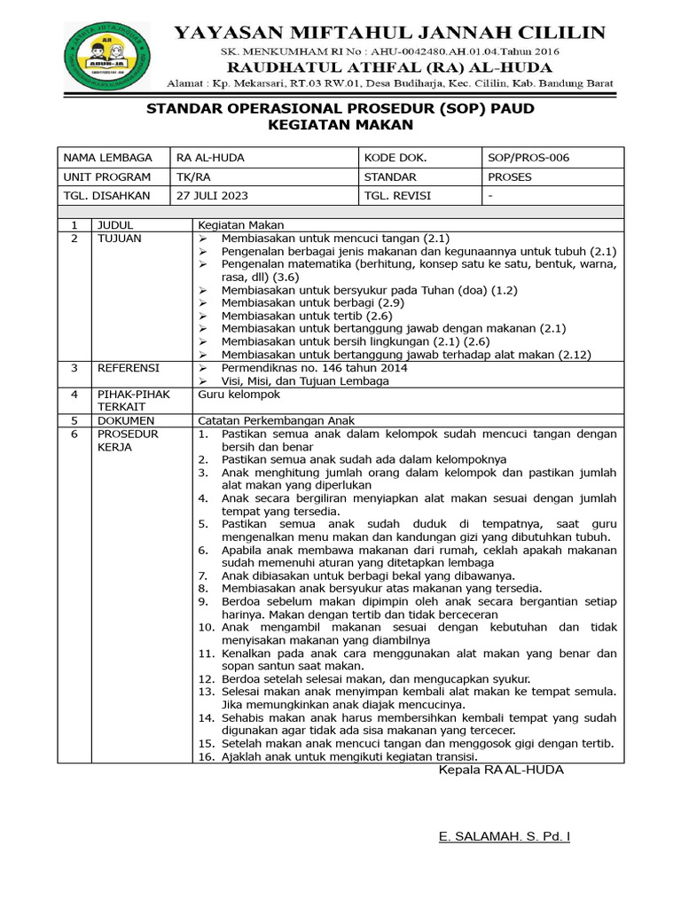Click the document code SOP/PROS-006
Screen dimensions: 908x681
click(528, 158)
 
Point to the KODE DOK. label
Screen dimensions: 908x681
click(395, 158)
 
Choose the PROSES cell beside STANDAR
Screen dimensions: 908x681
click(510, 176)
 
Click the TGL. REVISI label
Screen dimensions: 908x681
click(400, 195)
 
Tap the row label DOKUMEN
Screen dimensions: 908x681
click(126, 420)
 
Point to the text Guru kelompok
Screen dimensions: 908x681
click(239, 394)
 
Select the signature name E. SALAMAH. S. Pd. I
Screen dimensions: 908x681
click(505, 836)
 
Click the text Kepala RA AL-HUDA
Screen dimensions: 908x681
click(501, 770)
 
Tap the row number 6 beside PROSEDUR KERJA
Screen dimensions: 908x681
click(74, 434)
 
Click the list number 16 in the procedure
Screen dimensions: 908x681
click(206, 756)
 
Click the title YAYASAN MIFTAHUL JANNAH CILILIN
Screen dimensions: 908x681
click(388, 33)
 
